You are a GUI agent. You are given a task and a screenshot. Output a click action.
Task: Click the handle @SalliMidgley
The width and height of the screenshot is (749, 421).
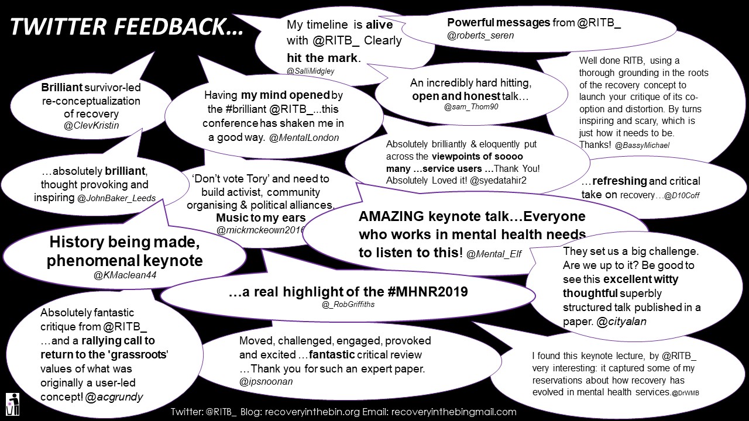310,71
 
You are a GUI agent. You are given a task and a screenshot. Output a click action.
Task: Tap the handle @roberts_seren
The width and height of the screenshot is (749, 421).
480,36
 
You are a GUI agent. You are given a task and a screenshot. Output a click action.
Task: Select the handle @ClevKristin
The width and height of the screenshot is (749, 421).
91,126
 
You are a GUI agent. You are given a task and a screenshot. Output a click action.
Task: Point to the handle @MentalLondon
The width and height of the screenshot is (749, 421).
304,137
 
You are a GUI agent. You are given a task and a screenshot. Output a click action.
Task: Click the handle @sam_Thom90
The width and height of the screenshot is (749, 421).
471,107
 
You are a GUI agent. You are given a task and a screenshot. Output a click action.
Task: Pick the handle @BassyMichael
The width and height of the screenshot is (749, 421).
642,146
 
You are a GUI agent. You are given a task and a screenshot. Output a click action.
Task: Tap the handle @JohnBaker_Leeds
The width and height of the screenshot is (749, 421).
116,198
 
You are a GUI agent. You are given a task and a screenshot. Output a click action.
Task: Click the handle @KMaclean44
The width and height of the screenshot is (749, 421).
125,275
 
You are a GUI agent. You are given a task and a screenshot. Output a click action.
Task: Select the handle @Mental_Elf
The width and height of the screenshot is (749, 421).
494,254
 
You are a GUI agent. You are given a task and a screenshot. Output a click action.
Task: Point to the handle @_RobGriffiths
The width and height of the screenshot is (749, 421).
348,305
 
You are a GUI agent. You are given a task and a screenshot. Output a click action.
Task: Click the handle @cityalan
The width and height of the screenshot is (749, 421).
621,322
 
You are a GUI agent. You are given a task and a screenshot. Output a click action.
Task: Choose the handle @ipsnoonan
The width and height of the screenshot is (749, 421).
266,382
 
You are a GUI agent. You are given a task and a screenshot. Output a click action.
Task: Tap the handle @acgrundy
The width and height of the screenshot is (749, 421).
114,397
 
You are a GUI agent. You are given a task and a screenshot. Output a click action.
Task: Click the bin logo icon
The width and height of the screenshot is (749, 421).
13,404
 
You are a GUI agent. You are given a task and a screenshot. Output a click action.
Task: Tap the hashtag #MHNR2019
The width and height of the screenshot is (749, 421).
428,292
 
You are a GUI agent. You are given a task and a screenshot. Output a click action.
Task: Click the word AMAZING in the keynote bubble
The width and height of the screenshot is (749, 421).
391,216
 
